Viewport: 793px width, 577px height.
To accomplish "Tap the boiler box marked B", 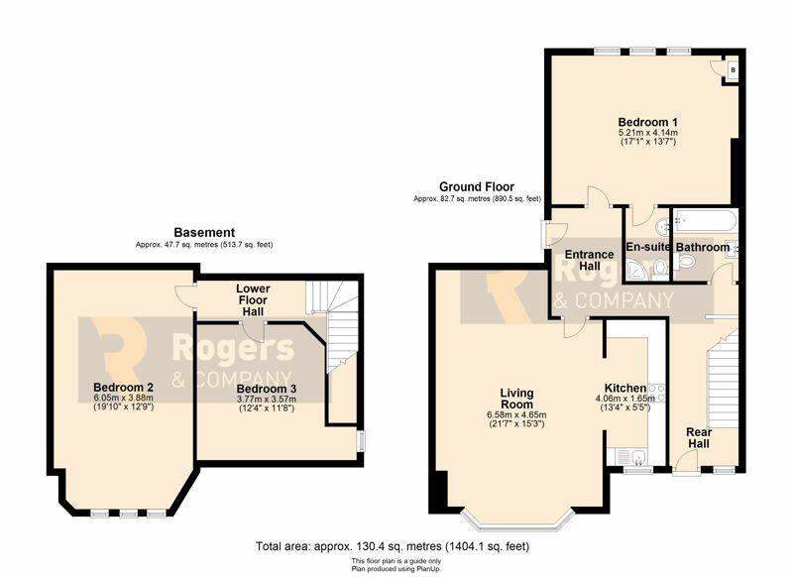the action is pyautogui.click(x=733, y=70).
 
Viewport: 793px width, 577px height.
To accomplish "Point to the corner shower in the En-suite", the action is pyautogui.click(x=635, y=270).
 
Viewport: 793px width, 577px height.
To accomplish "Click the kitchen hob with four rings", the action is pyautogui.click(x=656, y=394).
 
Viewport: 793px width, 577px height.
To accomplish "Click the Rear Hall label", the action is pyautogui.click(x=699, y=438).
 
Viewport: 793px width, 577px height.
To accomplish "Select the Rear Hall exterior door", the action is pyautogui.click(x=686, y=463).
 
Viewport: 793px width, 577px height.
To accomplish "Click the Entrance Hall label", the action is pyautogui.click(x=589, y=260).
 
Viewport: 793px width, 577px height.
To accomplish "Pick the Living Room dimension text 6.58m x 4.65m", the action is pyautogui.click(x=516, y=415).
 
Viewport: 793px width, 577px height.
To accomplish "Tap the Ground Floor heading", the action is pyautogui.click(x=477, y=186).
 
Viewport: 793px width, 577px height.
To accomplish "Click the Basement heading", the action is pyautogui.click(x=204, y=233).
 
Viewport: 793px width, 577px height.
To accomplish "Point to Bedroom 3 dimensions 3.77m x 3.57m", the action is pyautogui.click(x=267, y=400).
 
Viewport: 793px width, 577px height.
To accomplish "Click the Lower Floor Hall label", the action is pyautogui.click(x=253, y=299).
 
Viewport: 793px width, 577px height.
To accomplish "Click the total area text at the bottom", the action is pyautogui.click(x=393, y=546).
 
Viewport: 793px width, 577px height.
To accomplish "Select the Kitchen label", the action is pyautogui.click(x=625, y=388).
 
